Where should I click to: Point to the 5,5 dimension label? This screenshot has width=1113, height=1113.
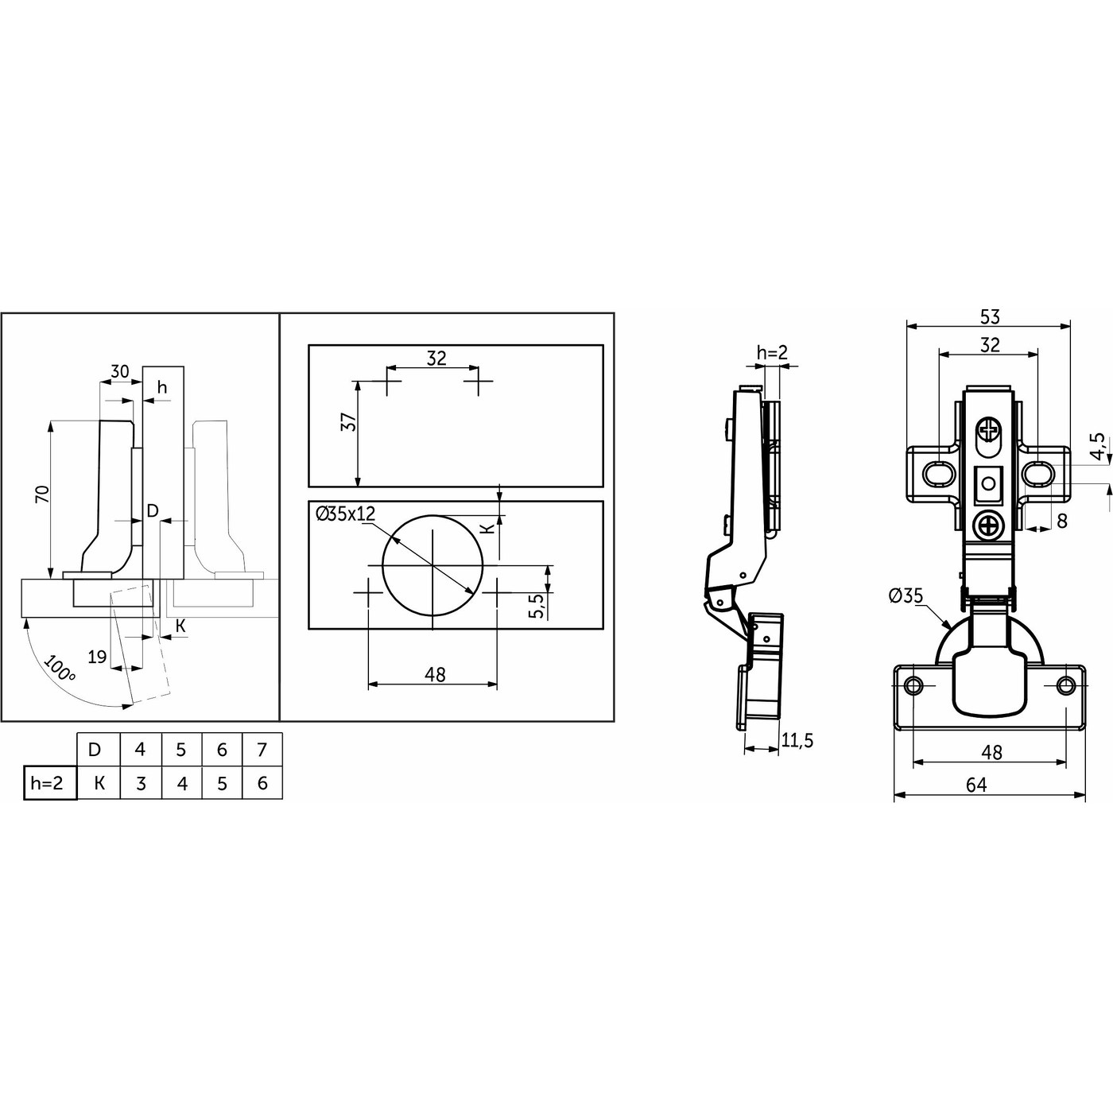coord(537,606)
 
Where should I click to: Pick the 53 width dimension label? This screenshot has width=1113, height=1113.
coord(990,316)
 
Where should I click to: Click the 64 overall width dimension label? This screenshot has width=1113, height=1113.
coord(976,785)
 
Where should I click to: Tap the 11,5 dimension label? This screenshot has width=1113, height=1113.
coord(797,740)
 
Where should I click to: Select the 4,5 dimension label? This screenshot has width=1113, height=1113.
coord(1099,447)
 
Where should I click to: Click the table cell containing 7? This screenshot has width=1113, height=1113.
coord(262,750)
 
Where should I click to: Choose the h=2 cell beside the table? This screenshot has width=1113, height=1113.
coord(49,782)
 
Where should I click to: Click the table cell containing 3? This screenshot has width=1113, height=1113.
coord(141,783)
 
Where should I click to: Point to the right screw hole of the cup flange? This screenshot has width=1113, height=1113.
coord(1065,685)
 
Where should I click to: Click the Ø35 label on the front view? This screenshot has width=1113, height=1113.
coord(906,595)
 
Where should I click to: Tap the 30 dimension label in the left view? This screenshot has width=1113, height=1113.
coord(119,371)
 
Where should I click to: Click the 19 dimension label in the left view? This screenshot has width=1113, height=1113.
coord(98,657)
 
